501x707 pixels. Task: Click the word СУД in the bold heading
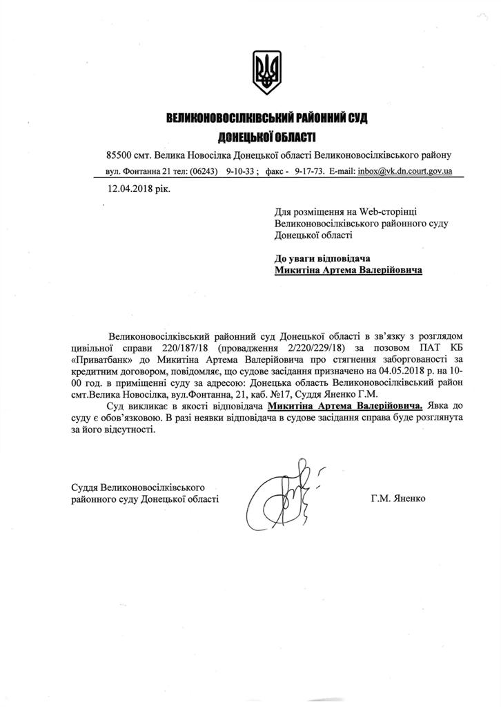354,119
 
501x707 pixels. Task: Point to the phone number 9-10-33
242,171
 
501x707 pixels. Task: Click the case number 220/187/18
204,345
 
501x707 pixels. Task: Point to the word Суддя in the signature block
86,487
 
